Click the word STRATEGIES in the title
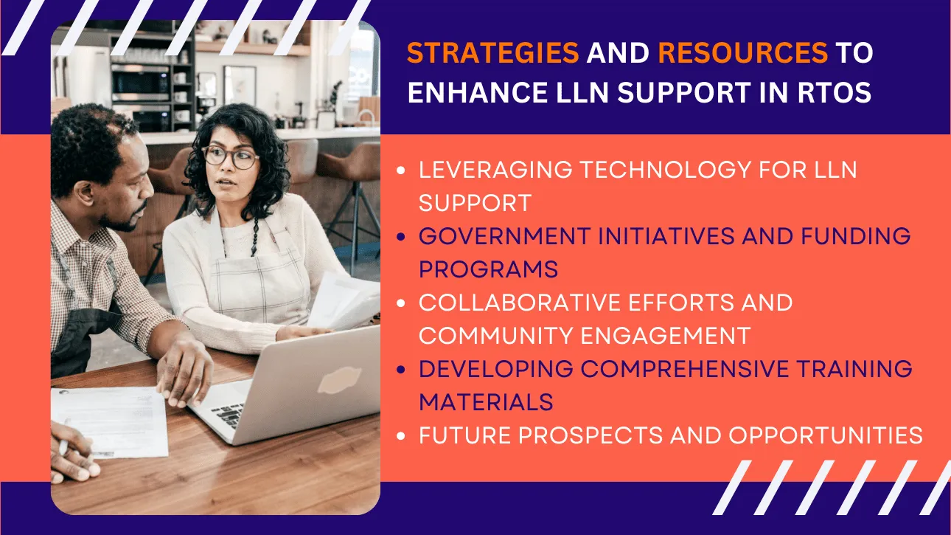click(493, 52)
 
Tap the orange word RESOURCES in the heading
click(742, 52)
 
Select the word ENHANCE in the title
click(478, 92)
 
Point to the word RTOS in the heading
click(835, 92)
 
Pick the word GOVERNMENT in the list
click(505, 236)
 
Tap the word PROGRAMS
click(488, 269)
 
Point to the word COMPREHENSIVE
click(684, 369)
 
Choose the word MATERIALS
click(486, 402)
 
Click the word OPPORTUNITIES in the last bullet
click(826, 435)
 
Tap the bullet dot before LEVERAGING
click(401, 170)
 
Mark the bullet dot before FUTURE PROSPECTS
click(401, 436)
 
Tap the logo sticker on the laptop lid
click(339, 379)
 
